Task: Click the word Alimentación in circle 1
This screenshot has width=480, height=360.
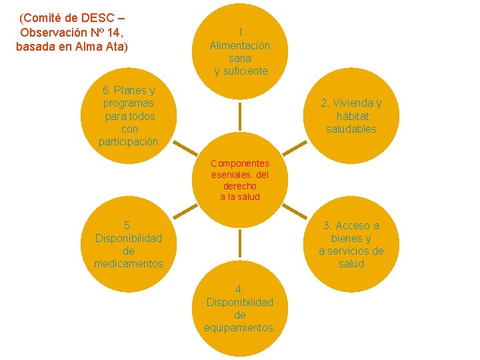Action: [x=240, y=46]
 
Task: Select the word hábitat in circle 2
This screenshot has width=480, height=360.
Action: [x=351, y=116]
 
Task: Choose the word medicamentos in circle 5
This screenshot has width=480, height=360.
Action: [x=129, y=263]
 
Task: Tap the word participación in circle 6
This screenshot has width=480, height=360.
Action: [x=129, y=141]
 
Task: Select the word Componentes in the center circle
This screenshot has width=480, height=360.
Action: [x=240, y=163]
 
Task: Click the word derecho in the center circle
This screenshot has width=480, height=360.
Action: [x=240, y=186]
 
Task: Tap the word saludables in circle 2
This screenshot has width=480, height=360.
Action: [x=351, y=129]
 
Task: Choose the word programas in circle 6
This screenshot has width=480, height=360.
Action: [x=129, y=103]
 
